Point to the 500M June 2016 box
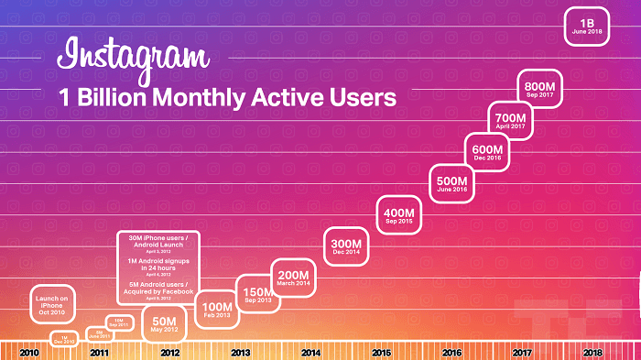[x=452, y=183]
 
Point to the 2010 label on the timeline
[x=28, y=353]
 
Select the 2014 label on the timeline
[x=310, y=353]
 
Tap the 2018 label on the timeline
[x=592, y=353]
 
